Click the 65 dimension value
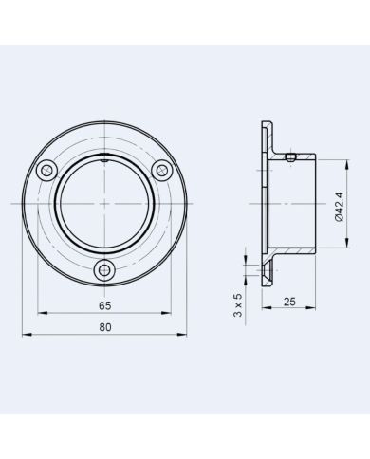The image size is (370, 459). pyautogui.click(x=104, y=305)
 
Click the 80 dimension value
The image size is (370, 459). pyautogui.click(x=104, y=328)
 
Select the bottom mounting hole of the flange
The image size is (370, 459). pyautogui.click(x=104, y=271)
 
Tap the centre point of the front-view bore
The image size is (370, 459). pyautogui.click(x=104, y=204)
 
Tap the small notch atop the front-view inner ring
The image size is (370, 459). pyautogui.click(x=104, y=163)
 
